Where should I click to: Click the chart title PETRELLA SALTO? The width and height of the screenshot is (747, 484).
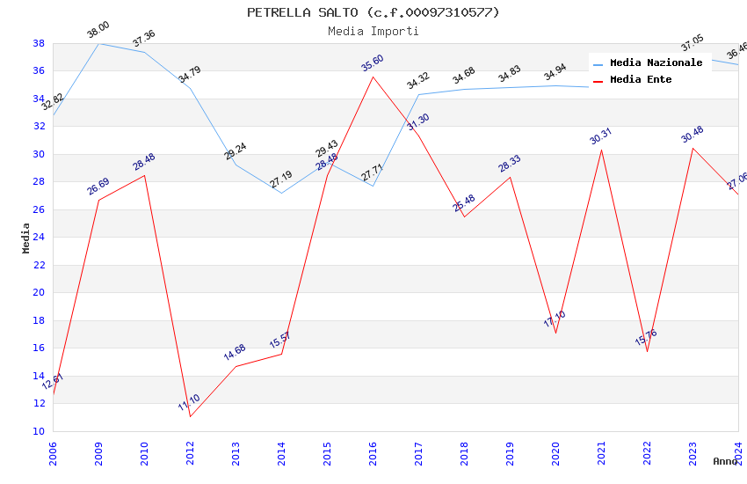point(373,12)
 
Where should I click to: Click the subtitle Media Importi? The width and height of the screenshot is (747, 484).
point(373,32)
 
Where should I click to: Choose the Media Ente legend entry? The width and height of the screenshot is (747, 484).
point(641,80)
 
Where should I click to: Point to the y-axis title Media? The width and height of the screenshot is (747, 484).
point(26,238)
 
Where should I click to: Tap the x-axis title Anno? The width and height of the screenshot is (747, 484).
point(725,461)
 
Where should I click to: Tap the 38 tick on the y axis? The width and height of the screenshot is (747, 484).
point(39,43)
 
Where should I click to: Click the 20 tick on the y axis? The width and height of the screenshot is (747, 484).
point(39,293)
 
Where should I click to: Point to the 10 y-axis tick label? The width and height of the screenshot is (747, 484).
point(39,431)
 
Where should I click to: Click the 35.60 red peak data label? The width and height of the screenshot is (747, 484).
point(373,63)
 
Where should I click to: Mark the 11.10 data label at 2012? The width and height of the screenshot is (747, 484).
point(189,403)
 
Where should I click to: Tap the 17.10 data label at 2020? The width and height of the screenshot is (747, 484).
point(555,319)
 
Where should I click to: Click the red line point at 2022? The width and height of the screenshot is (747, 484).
point(647,351)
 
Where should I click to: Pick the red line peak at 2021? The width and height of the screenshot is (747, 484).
point(601,150)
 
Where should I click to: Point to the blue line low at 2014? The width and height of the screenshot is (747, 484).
point(281,193)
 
